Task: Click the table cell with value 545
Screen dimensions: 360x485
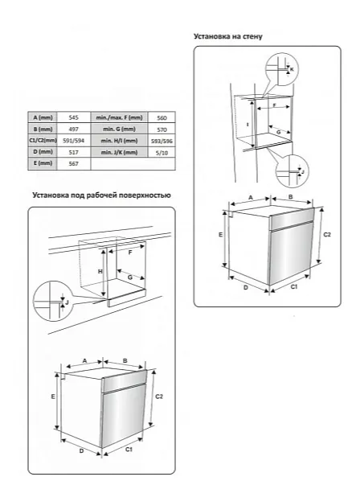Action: click(74, 117)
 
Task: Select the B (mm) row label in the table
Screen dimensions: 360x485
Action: click(43, 129)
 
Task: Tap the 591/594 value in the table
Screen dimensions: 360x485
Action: click(74, 141)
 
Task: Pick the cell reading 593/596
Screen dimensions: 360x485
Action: click(162, 141)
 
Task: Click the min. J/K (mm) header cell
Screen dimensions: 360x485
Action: click(119, 152)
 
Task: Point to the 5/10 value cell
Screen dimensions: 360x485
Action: click(162, 153)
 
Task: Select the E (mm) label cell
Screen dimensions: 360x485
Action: click(43, 163)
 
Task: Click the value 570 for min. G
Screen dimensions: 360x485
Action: click(162, 129)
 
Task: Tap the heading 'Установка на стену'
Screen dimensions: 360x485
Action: click(228, 36)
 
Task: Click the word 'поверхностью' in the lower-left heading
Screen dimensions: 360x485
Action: click(145, 195)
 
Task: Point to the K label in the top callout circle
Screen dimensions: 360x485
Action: click(292, 70)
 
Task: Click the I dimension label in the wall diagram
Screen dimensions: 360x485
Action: click(247, 125)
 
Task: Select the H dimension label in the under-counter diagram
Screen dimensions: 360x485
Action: click(100, 272)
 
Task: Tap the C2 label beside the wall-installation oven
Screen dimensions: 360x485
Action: click(327, 235)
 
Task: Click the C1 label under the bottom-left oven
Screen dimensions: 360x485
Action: click(129, 450)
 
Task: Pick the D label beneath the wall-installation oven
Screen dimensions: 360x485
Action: click(246, 288)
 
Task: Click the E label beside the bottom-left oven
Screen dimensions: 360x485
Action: click(53, 397)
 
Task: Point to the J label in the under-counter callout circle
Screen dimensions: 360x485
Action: click(67, 302)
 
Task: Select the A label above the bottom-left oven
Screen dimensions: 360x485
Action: click(84, 360)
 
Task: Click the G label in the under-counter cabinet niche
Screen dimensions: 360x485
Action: click(130, 277)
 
